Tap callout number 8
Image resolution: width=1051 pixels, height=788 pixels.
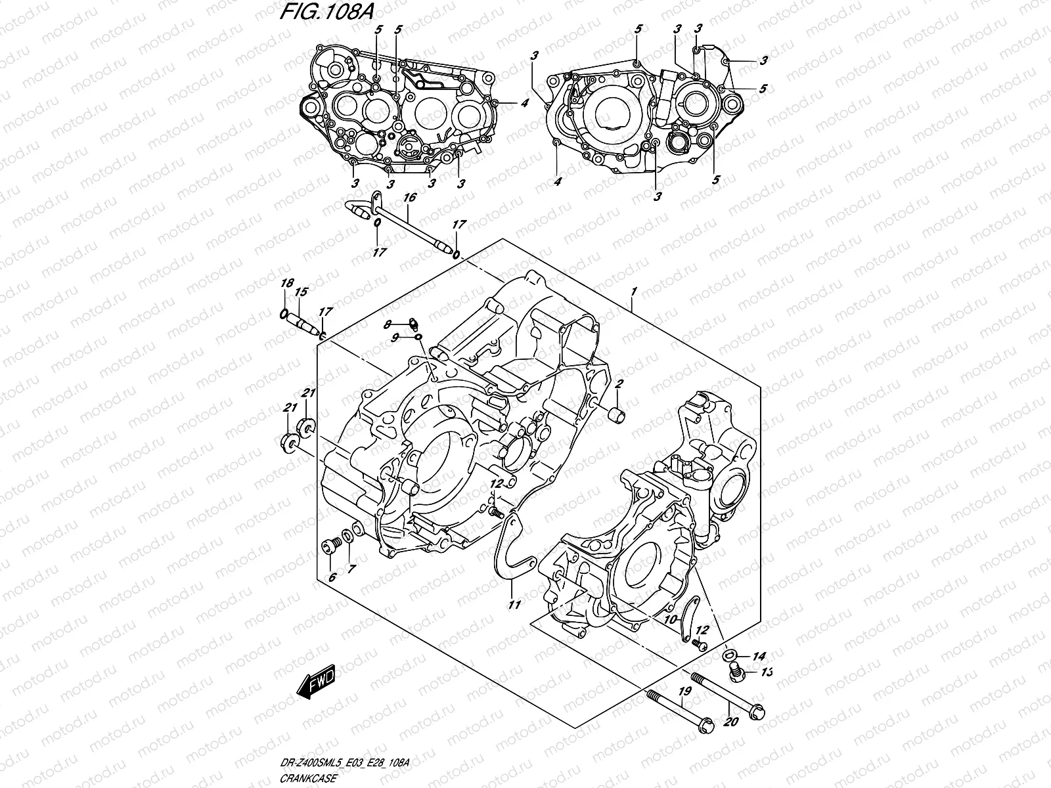(x=388, y=324)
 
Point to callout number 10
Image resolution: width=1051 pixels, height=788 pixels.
(x=669, y=619)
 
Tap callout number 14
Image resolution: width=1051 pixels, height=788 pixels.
(x=759, y=656)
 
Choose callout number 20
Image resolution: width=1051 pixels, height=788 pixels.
(x=735, y=723)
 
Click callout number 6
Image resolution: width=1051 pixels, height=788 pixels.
(x=332, y=577)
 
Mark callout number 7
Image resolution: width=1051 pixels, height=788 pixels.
(x=351, y=569)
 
